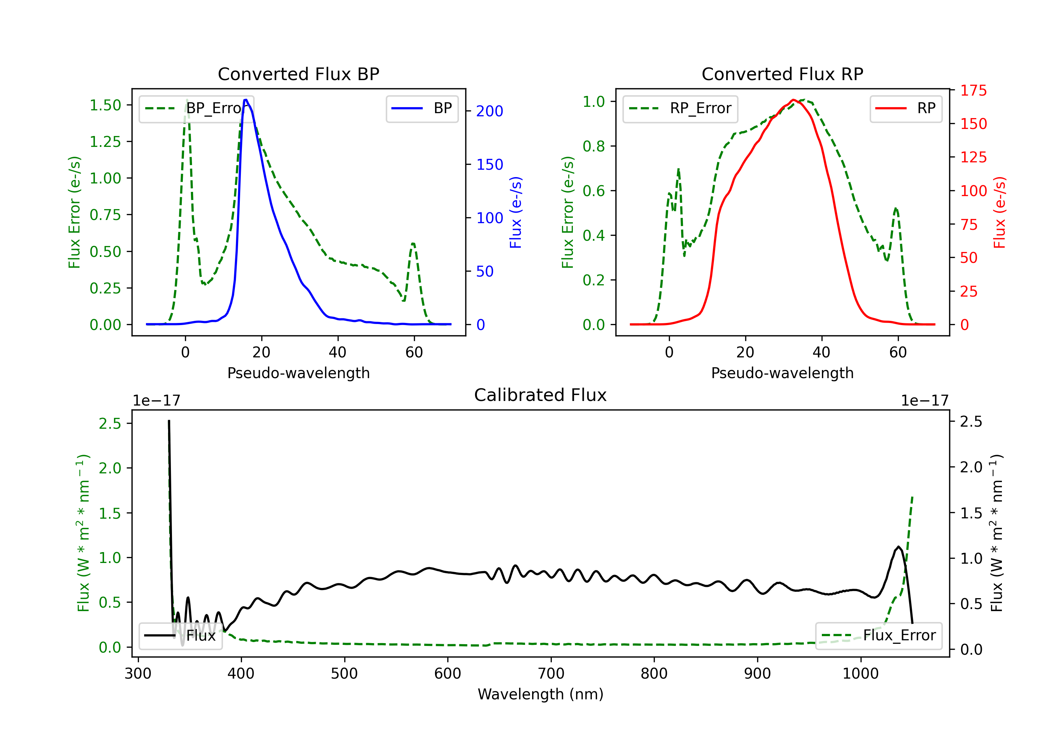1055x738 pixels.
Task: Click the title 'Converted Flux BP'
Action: pyautogui.click(x=298, y=74)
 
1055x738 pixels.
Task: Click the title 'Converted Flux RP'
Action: pyautogui.click(x=782, y=74)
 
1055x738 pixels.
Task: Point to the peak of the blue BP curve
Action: pyautogui.click(x=246, y=100)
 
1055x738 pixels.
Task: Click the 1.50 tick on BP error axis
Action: pyautogui.click(x=105, y=105)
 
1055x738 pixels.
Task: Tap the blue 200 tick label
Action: pyautogui.click(x=490, y=111)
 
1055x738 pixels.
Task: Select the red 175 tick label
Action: pyautogui.click(x=973, y=90)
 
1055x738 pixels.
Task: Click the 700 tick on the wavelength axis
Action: pyautogui.click(x=550, y=673)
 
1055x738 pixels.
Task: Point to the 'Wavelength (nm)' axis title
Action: pyautogui.click(x=541, y=694)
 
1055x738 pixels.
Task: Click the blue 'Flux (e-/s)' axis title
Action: pyautogui.click(x=516, y=212)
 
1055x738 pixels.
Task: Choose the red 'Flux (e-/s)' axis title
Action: pyautogui.click(x=999, y=212)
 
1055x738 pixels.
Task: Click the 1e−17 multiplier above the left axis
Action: pyautogui.click(x=156, y=401)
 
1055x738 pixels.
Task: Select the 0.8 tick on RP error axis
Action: pyautogui.click(x=593, y=146)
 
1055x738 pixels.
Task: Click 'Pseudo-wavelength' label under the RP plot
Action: pyautogui.click(x=782, y=373)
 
